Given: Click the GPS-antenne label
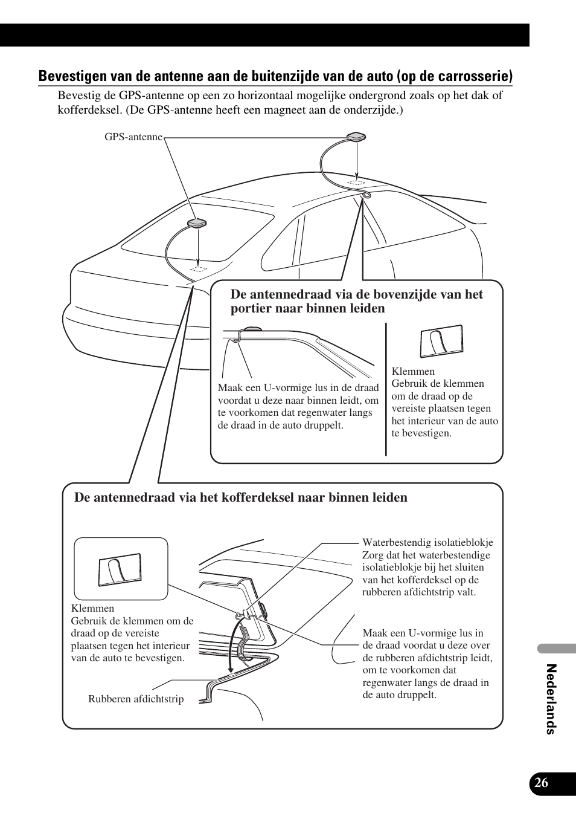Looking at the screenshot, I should click(x=133, y=137).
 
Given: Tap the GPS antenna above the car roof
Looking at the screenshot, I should click(x=357, y=138).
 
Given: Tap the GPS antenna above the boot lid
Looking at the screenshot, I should click(x=198, y=223).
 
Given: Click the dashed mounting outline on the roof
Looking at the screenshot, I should click(x=357, y=181).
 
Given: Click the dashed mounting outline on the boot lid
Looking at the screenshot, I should click(x=198, y=268).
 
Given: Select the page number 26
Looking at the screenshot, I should click(x=542, y=783).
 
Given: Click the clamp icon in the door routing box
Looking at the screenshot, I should click(x=441, y=342).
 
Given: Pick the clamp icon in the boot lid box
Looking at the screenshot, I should click(x=120, y=570).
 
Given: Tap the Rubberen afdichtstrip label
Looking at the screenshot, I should click(x=136, y=699).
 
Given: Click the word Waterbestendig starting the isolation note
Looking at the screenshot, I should click(x=395, y=543).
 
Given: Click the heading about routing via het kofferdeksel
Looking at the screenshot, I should click(x=241, y=497).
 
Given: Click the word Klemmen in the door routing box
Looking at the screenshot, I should click(x=413, y=371).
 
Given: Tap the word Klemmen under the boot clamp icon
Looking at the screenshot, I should click(x=92, y=608).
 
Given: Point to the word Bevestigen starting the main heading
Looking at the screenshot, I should click(x=73, y=76).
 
